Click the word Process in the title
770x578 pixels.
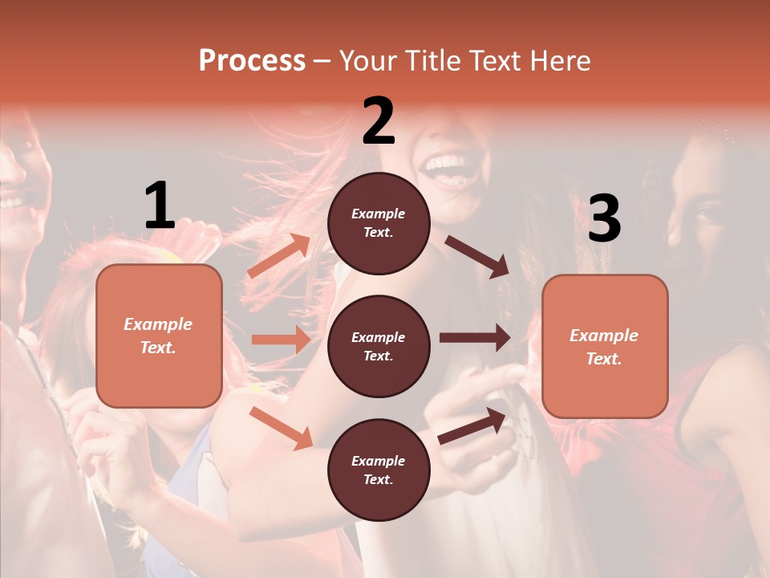point(252,61)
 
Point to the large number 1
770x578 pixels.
point(160,206)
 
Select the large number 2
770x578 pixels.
point(379,121)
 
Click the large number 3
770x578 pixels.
point(604,218)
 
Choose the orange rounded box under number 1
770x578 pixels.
point(159,336)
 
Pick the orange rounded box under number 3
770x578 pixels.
point(605,346)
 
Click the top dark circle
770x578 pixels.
point(379,223)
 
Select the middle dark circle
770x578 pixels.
point(379,346)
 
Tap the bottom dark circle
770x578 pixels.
point(379,470)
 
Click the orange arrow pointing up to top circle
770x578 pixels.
point(279,256)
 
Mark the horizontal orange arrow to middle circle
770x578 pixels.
point(281,340)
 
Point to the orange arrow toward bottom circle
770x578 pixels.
point(282,428)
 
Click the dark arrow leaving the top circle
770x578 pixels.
point(477,256)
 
